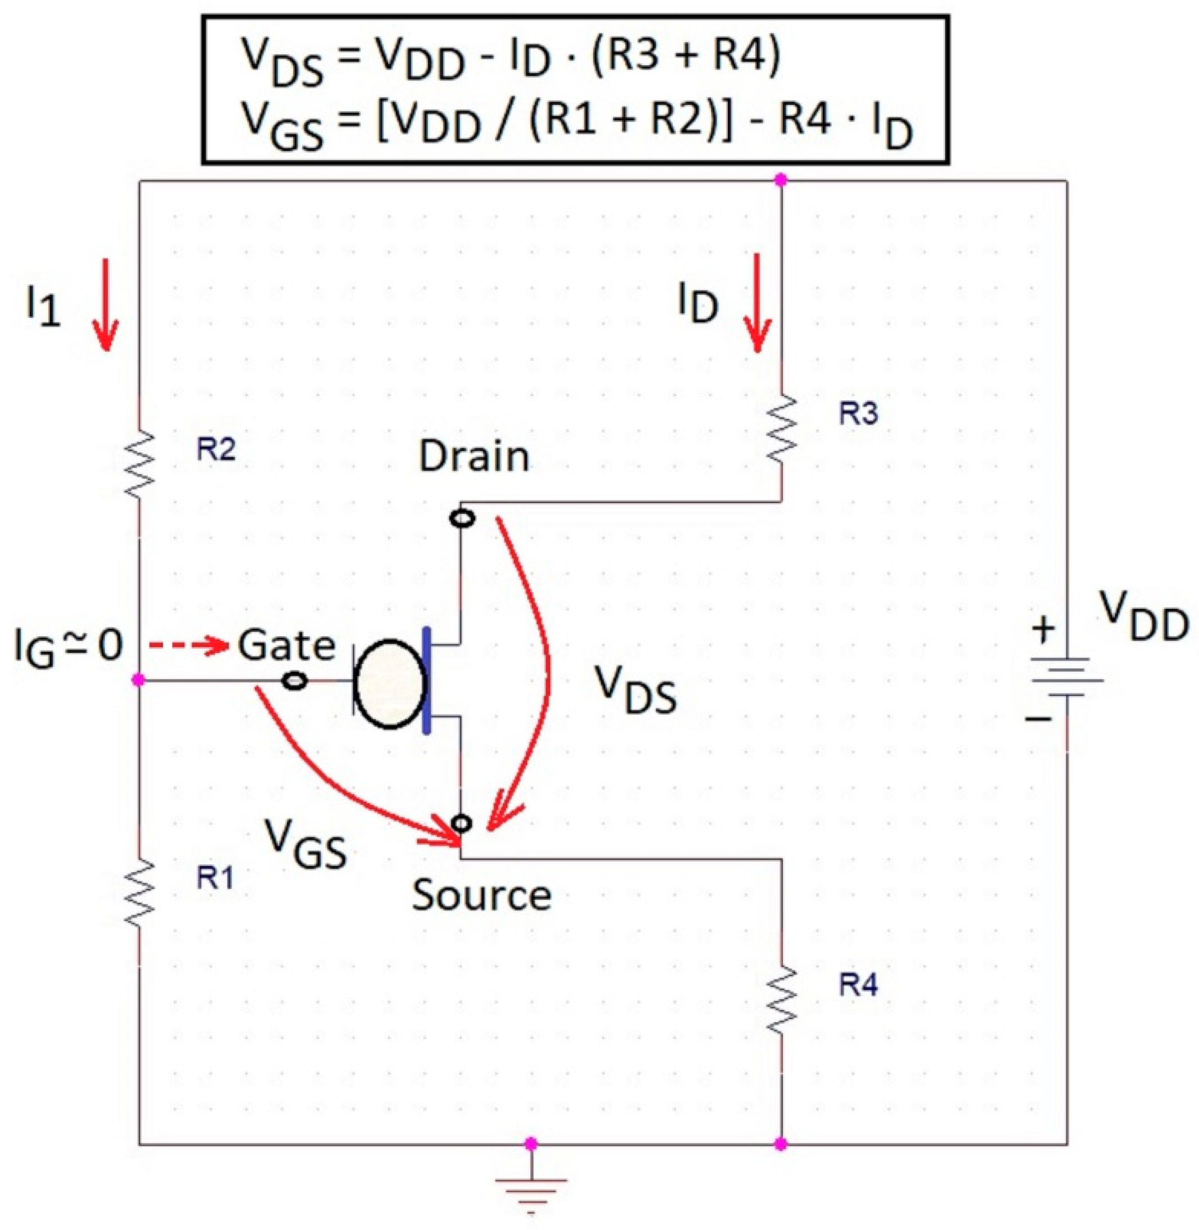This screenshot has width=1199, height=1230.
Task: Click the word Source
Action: (482, 896)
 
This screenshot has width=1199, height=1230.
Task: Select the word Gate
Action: (286, 646)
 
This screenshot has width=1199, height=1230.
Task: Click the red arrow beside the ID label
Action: (758, 302)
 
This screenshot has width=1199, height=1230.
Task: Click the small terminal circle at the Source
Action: (462, 823)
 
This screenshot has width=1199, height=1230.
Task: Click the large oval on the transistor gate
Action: (390, 684)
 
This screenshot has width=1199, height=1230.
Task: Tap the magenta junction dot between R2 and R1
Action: (139, 680)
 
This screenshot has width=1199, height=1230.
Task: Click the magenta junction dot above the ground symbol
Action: (531, 1143)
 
